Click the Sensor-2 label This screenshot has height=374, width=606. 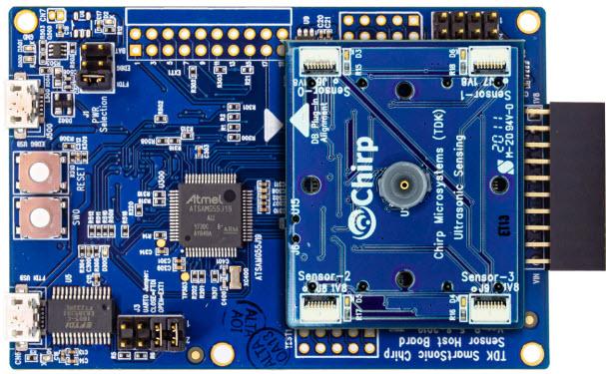(323, 275)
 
